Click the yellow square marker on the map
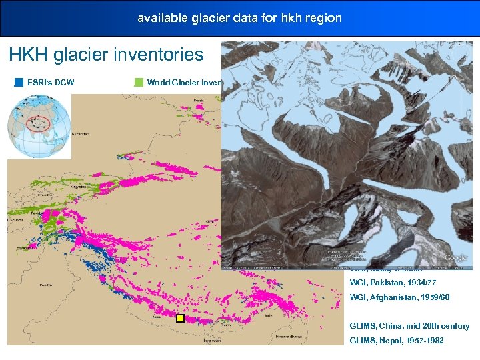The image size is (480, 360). click(x=179, y=319)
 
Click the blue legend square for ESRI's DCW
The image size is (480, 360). click(x=19, y=83)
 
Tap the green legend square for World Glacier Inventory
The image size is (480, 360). click(x=139, y=83)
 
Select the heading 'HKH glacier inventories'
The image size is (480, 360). click(x=106, y=55)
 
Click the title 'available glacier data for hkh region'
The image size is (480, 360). click(x=239, y=18)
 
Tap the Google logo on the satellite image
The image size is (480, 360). click(x=456, y=258)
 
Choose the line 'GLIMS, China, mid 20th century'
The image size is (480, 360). click(x=409, y=326)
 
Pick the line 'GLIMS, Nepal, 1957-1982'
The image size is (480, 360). click(x=397, y=341)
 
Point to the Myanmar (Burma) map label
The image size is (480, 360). click(x=296, y=337)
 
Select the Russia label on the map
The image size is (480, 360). click(x=199, y=100)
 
